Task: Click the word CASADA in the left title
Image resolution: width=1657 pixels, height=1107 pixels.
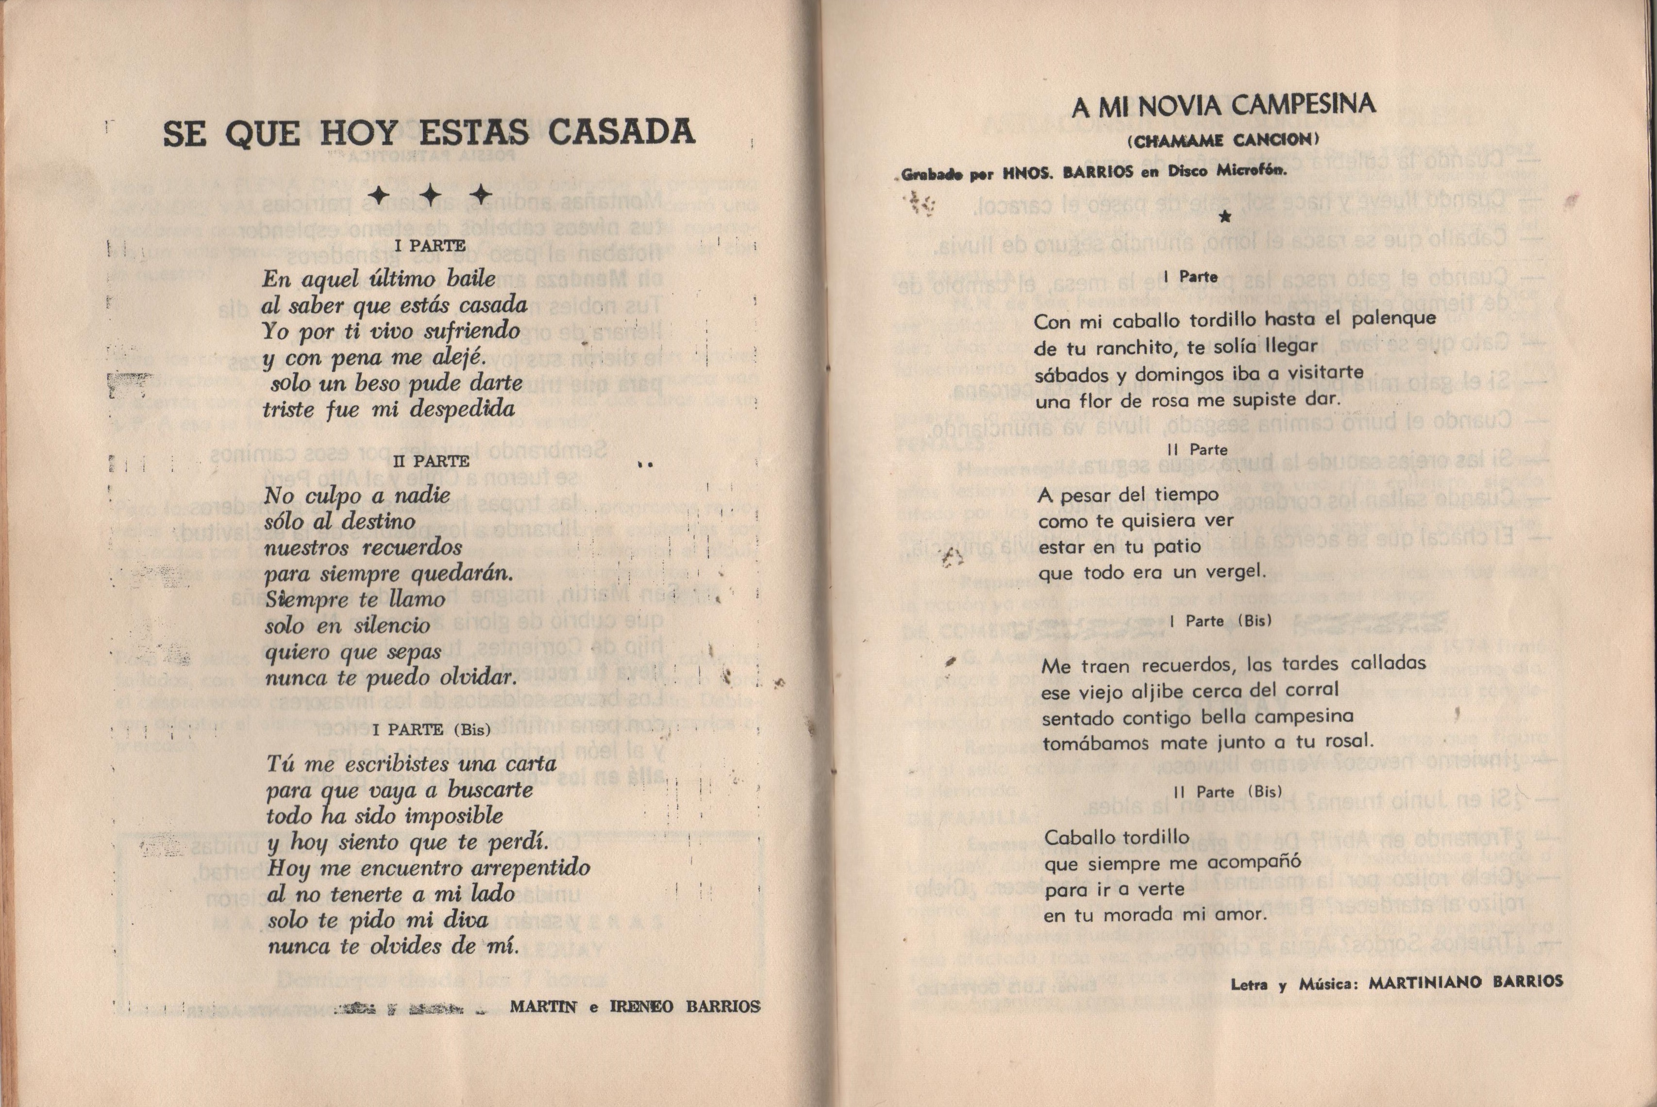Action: [x=621, y=132]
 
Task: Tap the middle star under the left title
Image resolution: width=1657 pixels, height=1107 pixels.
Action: [x=431, y=195]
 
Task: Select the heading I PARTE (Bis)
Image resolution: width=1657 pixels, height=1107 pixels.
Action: [x=431, y=729]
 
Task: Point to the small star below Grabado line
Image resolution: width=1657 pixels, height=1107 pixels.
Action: [x=1225, y=217]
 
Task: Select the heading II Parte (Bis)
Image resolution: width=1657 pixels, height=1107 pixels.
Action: [x=1227, y=792]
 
